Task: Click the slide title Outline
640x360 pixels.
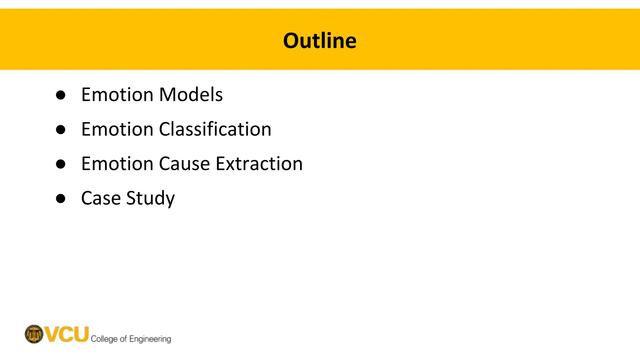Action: coord(320,41)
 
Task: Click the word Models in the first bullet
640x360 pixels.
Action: coord(191,94)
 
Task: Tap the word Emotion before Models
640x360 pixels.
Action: coord(117,94)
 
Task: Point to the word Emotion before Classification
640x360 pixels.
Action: coord(117,129)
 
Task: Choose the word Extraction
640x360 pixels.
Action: coord(259,163)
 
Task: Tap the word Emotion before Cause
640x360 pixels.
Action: coord(117,163)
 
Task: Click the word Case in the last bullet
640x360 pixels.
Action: coord(101,198)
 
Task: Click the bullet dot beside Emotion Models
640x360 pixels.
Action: coord(61,95)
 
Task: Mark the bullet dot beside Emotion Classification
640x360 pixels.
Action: coord(61,129)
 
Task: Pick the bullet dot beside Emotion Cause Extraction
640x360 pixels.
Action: coord(61,164)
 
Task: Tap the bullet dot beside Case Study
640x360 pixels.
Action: coord(61,198)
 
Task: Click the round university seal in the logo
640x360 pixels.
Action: coord(34,334)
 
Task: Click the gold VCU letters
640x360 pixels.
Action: coord(67,334)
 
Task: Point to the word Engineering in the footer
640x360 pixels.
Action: coord(150,339)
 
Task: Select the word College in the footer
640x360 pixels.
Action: coord(104,339)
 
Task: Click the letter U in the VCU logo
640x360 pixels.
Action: coord(81,334)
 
